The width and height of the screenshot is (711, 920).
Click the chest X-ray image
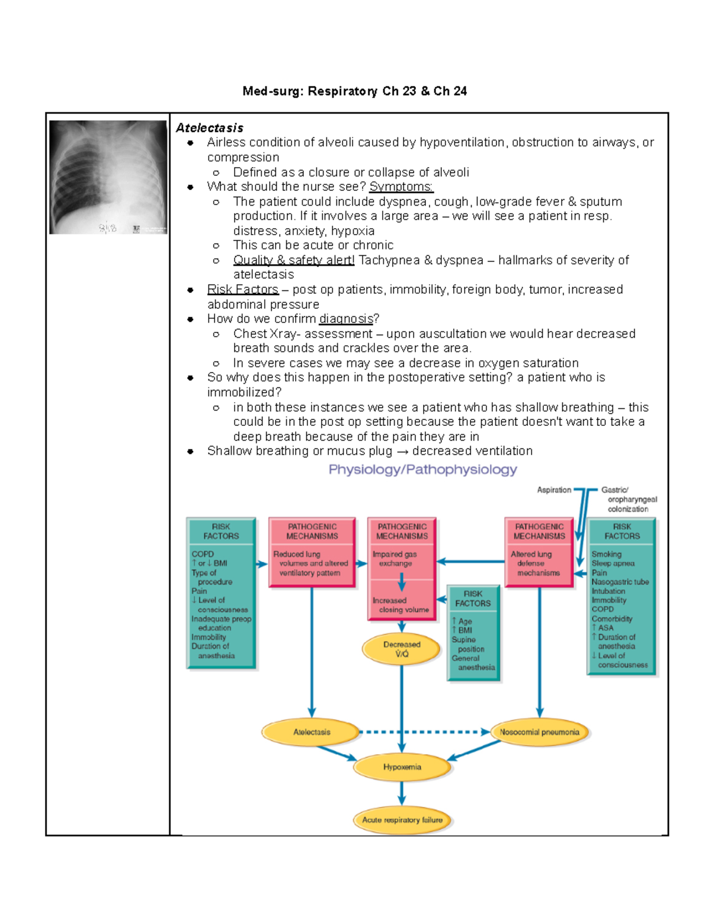point(108,177)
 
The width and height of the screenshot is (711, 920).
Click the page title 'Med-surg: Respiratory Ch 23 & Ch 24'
point(354,91)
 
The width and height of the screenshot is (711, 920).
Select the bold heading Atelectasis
point(210,128)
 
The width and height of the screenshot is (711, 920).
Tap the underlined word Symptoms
point(401,187)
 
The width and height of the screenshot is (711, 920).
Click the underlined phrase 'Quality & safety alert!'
point(294,260)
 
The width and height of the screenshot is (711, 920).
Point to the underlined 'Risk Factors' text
point(242,290)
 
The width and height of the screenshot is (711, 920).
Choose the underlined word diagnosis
point(346,319)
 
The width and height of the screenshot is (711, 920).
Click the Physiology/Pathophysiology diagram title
point(422,470)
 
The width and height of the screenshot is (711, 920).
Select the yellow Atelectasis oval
point(312,732)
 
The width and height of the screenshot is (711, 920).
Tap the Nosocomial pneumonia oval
point(539,732)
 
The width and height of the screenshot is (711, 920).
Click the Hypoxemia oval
point(402,767)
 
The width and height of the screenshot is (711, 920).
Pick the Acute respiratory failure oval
point(402,820)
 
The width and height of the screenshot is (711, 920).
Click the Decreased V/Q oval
point(402,649)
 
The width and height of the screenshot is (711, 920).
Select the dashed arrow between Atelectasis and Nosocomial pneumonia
point(424,732)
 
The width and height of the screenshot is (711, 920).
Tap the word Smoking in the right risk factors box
point(606,554)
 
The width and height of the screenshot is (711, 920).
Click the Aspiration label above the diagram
point(554,490)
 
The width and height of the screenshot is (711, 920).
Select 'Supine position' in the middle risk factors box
point(467,645)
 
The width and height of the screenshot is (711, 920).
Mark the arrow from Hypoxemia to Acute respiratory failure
point(402,793)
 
